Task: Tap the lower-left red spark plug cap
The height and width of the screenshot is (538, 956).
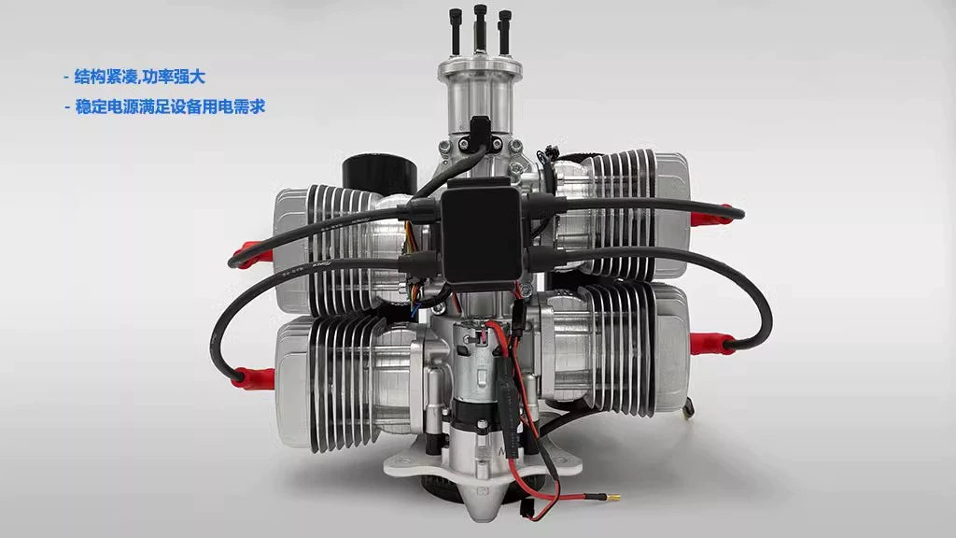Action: click(254, 378)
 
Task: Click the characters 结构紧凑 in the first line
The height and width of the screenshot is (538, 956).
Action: click(107, 77)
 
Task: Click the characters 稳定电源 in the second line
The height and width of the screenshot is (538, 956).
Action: click(107, 107)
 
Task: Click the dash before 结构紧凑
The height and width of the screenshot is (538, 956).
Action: click(66, 78)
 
